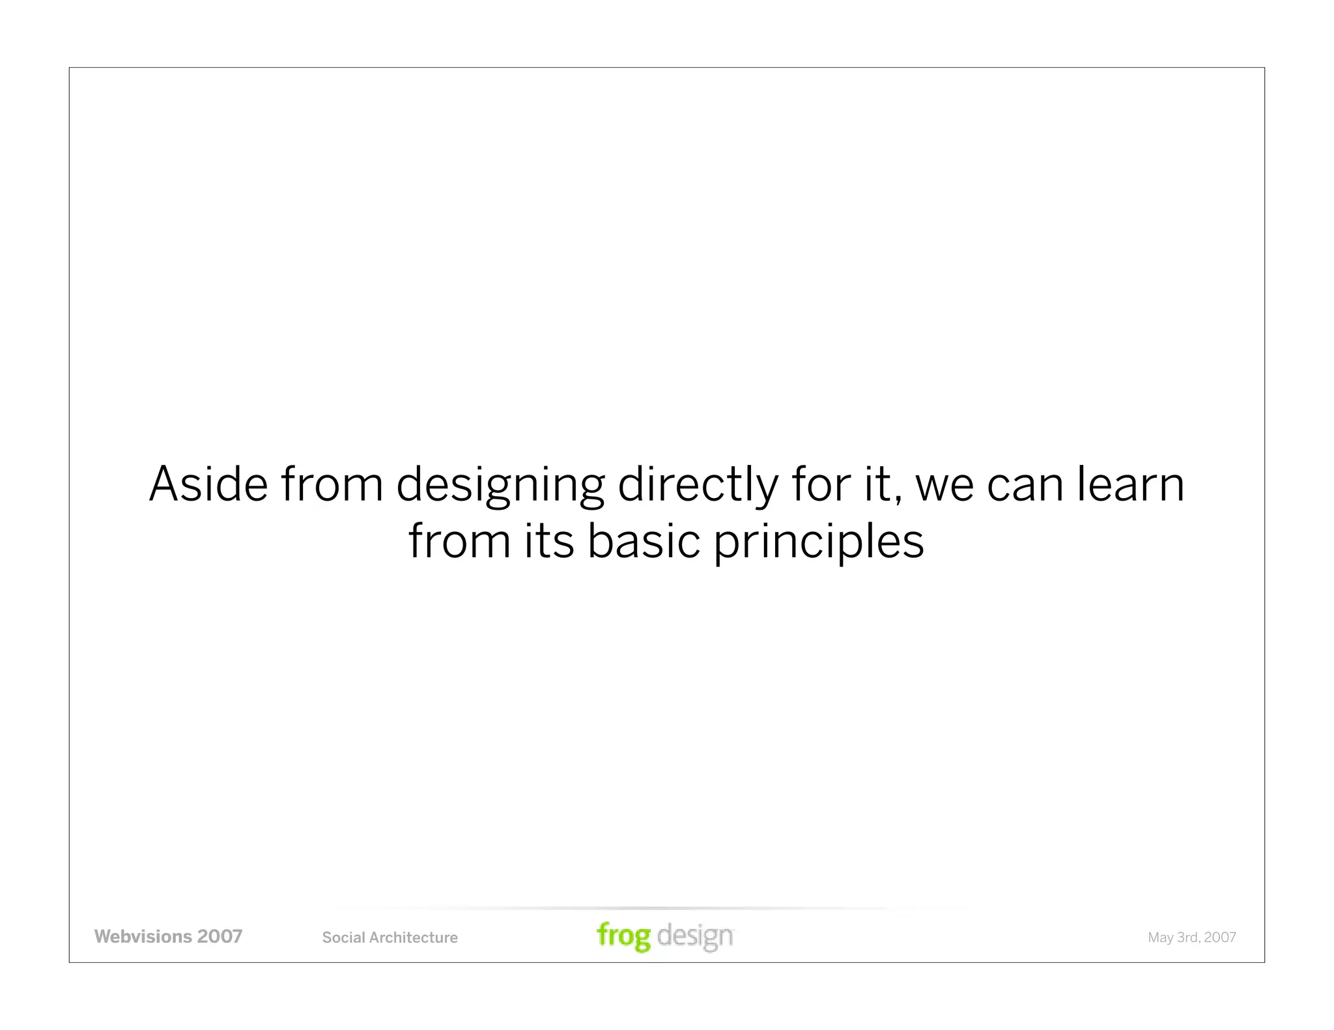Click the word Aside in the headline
[208, 484]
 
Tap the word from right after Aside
[332, 484]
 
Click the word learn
[1129, 484]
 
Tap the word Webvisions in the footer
[143, 936]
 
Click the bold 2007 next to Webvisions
[220, 936]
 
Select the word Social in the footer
[343, 938]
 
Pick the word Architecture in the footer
[414, 938]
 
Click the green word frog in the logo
[623, 936]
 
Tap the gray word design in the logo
[695, 936]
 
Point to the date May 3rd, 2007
[1191, 938]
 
